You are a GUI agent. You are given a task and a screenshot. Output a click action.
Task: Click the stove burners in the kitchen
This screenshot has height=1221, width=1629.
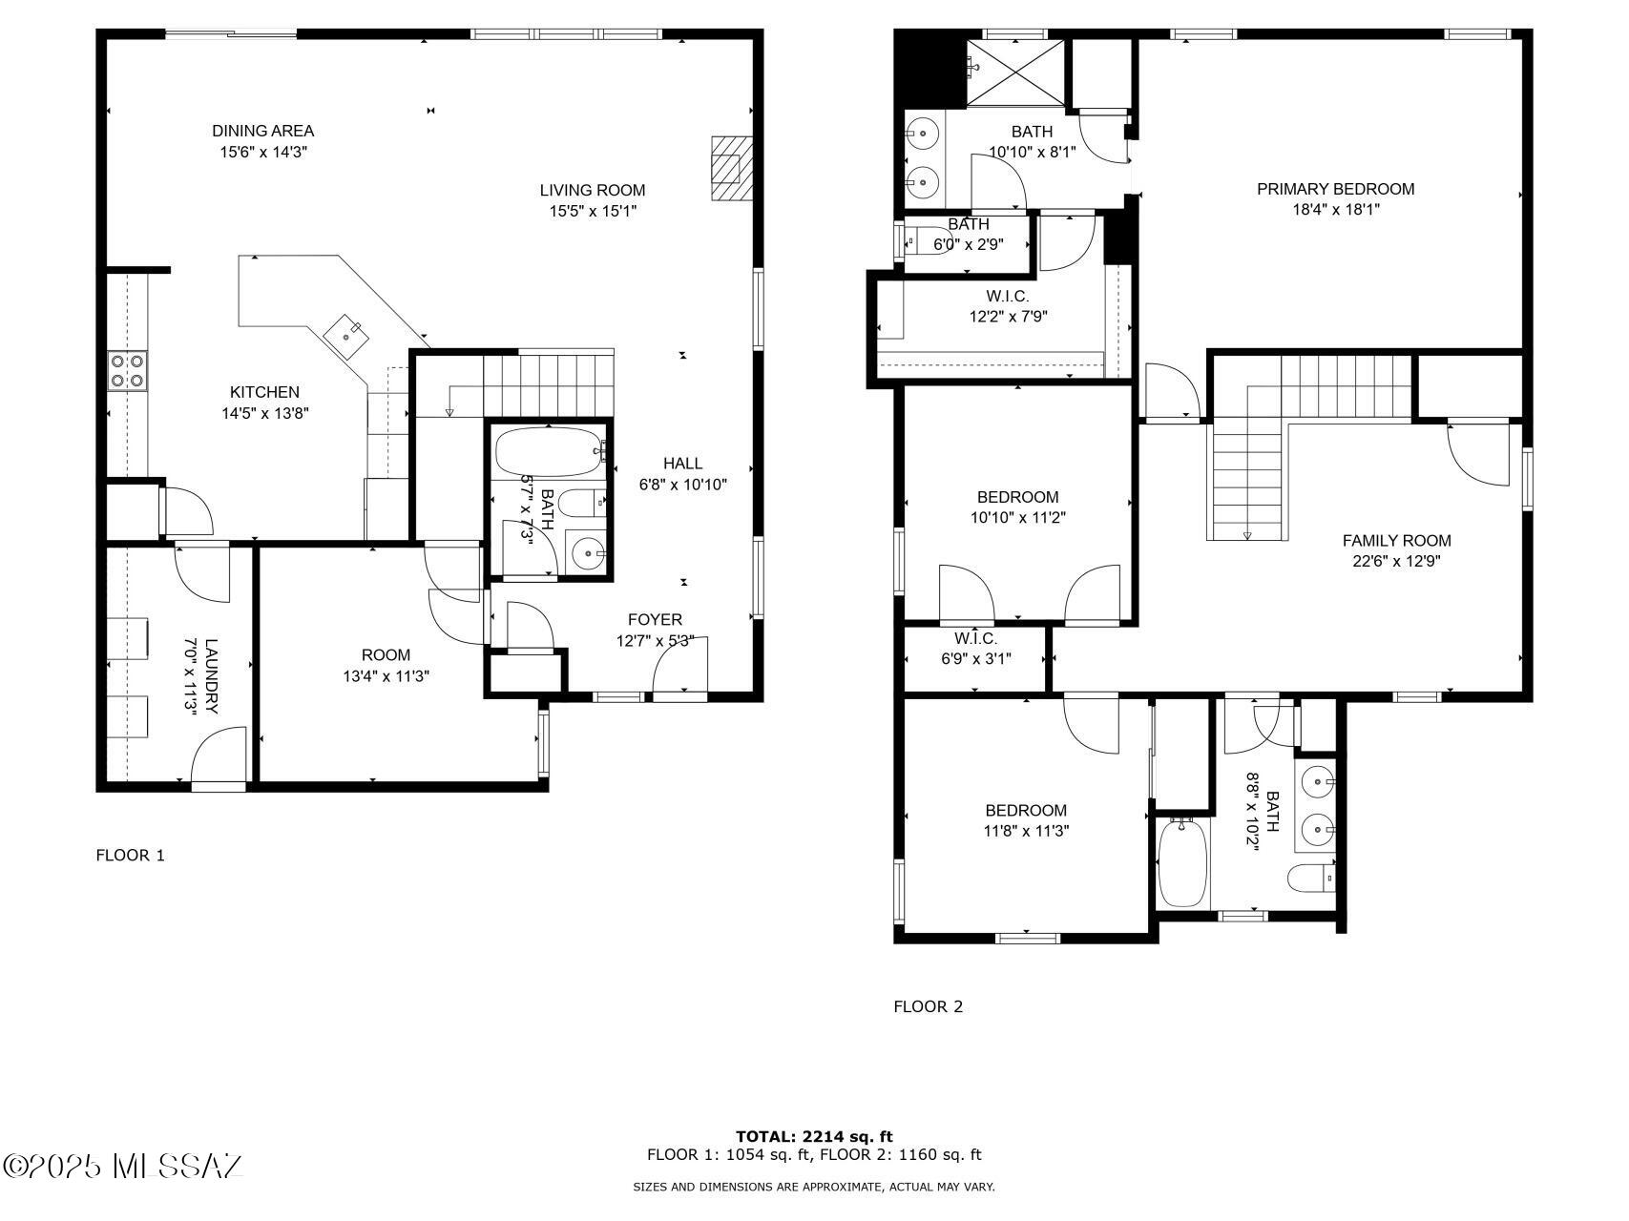(127, 370)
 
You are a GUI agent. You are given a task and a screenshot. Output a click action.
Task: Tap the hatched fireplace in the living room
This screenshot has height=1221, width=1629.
(731, 169)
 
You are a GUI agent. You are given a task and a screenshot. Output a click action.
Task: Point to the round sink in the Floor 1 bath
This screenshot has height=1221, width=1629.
(587, 551)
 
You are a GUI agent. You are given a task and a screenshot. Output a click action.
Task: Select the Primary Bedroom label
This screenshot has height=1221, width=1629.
(1335, 189)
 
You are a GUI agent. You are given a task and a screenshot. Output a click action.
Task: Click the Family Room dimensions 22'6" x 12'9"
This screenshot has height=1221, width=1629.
(1396, 561)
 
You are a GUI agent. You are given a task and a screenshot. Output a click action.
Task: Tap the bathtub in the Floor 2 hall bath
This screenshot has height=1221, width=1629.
(1182, 862)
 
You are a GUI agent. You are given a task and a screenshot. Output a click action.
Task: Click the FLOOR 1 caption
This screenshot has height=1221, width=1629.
(131, 856)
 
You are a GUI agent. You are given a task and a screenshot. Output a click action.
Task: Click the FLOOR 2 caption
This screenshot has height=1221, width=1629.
(928, 1006)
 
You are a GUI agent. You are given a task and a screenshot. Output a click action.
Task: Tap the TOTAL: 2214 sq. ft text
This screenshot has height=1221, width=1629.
(814, 1136)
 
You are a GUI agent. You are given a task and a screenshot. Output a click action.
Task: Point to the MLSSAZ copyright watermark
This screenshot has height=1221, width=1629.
(123, 1166)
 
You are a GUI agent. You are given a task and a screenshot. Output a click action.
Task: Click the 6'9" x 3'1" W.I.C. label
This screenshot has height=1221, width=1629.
(975, 649)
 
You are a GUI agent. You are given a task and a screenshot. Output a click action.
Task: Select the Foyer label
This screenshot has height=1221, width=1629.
(655, 619)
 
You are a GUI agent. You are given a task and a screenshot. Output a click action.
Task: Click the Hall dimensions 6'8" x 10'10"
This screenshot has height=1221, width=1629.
(683, 485)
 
